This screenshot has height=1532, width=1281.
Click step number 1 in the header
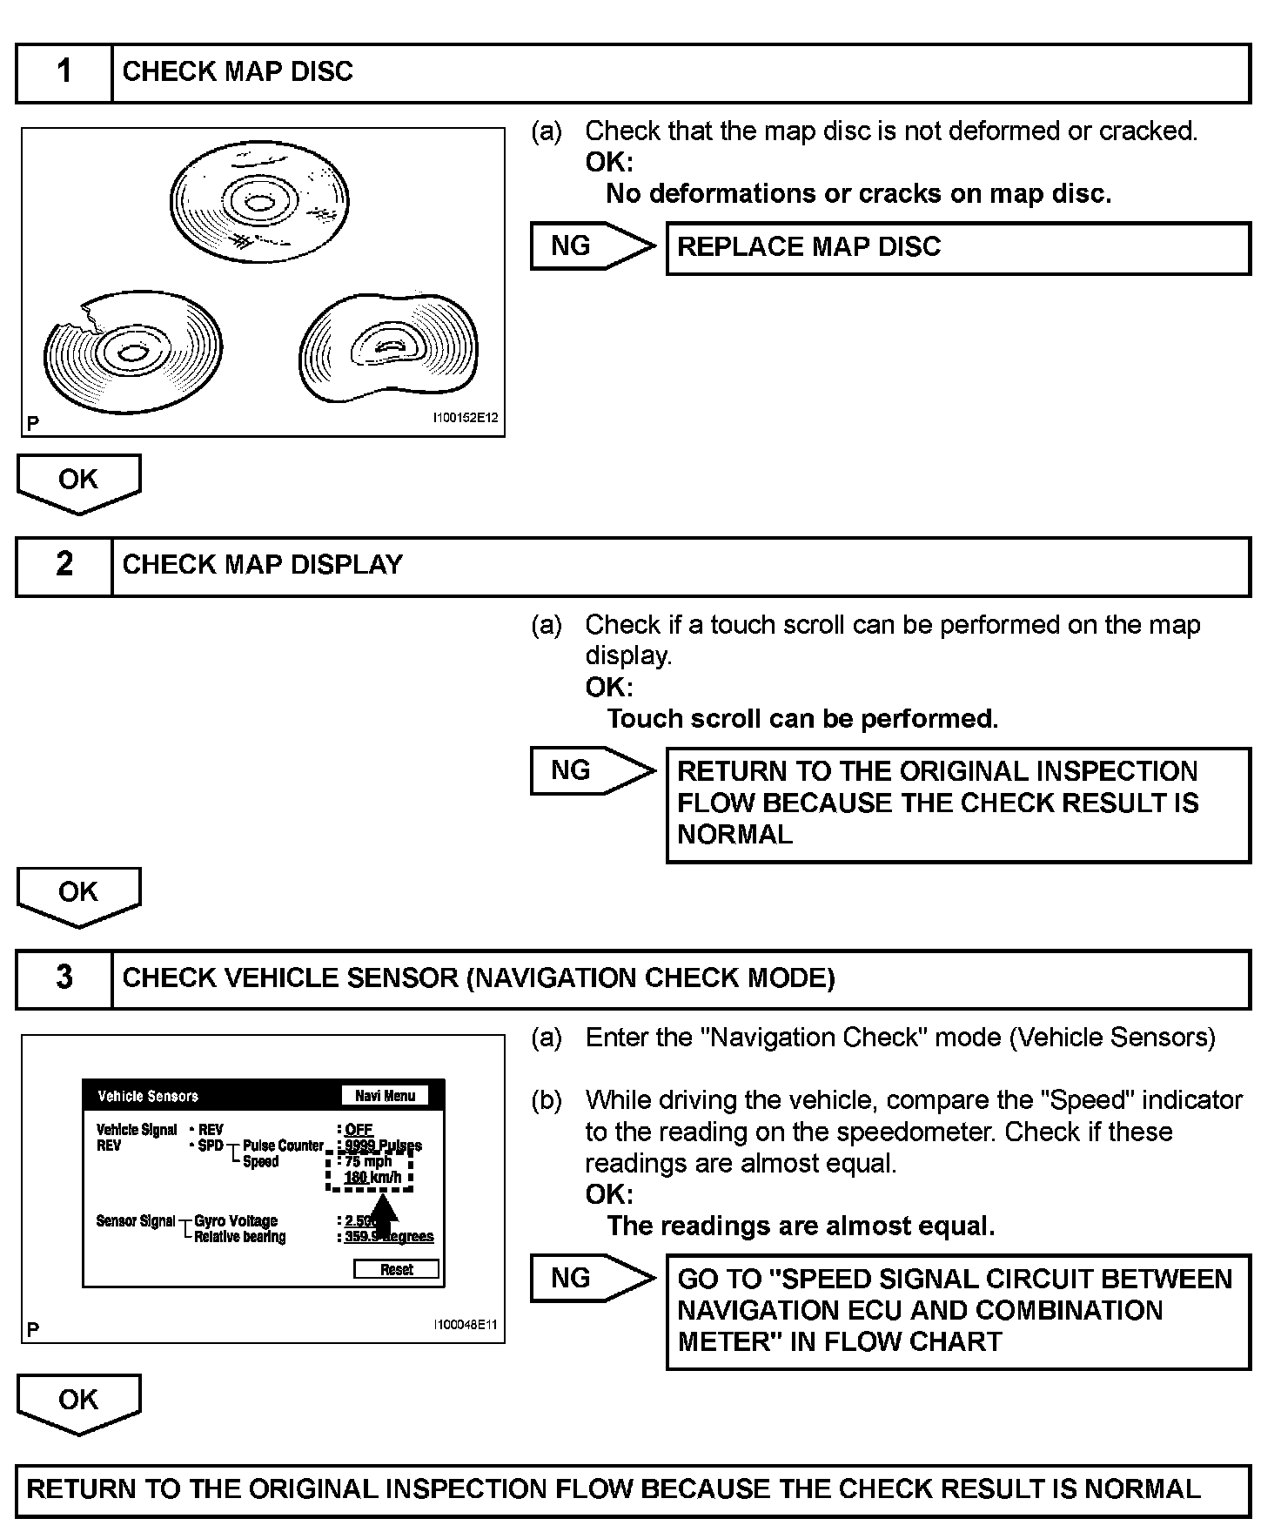64,72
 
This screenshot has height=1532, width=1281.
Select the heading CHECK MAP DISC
238,72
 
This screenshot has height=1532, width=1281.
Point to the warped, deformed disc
388,349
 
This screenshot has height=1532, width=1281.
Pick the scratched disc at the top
258,204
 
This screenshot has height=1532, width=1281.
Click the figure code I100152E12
466,418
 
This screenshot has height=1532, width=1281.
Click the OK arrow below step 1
78,482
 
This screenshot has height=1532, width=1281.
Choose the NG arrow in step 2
591,771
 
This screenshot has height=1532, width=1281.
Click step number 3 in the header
64,978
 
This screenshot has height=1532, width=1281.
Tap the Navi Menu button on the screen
385,1096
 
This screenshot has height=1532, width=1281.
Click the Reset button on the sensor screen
396,1270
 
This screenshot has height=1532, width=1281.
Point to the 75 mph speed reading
368,1162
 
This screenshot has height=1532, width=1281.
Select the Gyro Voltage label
235,1221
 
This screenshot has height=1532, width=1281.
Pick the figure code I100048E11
466,1325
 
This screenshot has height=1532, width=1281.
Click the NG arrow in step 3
591,1279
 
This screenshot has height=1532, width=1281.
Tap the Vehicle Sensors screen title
148,1097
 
